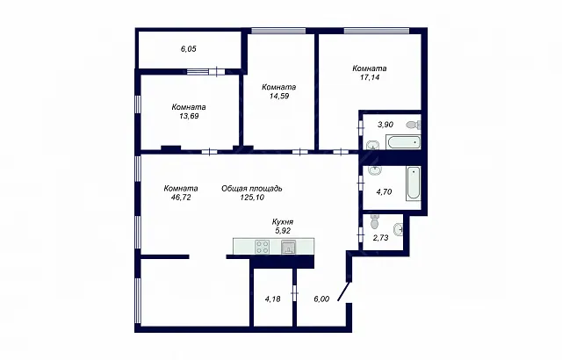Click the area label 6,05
pos(189,49)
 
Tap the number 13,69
pos(189,116)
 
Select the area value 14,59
pos(279,96)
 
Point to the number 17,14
pos(370,77)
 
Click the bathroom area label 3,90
pos(385,125)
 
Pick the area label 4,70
pos(384,192)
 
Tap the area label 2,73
pos(380,238)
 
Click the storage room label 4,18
pos(272,299)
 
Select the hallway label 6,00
pos(321,299)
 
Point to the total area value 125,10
pos(252,198)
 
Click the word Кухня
pos(283,222)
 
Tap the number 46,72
pos(181,198)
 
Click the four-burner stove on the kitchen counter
pos(262,247)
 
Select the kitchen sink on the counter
pos(289,247)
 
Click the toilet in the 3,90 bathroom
pos(414,125)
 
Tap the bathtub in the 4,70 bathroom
pos(414,184)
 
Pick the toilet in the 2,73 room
pos(375,222)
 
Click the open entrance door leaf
pos(343,292)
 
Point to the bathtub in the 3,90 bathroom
pos(403,142)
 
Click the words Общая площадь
pos(252,189)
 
